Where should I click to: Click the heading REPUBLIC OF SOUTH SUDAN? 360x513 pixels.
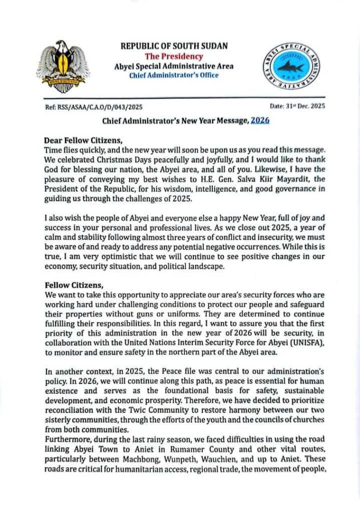click(x=174, y=46)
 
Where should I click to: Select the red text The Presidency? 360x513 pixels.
click(x=174, y=56)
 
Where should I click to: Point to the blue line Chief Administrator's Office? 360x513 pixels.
click(x=174, y=76)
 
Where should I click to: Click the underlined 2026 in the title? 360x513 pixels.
click(x=260, y=122)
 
